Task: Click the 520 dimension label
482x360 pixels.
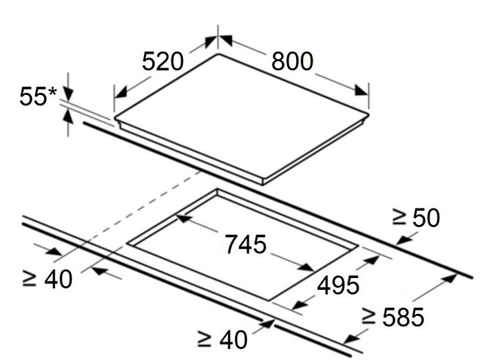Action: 163,61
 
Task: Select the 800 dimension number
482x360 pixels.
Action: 292,61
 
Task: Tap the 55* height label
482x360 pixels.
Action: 38,96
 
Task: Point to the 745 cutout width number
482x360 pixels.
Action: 246,244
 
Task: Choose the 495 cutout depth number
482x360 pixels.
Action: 338,285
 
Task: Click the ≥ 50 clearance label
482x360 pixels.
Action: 416,218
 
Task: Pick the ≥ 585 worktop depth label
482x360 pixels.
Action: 393,317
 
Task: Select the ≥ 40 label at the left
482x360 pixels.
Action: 48,279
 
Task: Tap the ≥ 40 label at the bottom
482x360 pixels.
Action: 222,339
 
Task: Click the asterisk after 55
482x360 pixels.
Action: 53,92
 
